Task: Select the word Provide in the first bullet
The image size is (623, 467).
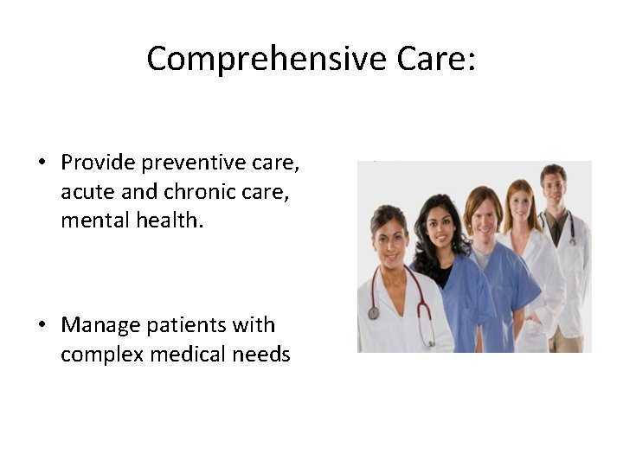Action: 97,163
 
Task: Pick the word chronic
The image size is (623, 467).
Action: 195,191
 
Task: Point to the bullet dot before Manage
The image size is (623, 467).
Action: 42,326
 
